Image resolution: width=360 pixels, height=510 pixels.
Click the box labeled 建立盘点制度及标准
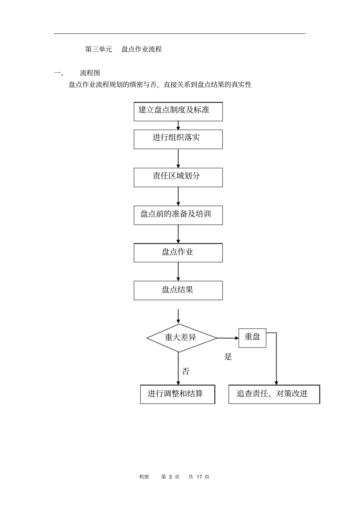point(178,111)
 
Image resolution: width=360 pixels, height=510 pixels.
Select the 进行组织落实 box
point(178,139)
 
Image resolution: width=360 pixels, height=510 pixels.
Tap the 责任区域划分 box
point(178,177)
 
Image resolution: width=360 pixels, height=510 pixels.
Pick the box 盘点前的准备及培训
point(178,215)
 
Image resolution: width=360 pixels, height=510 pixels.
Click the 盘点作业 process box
point(178,253)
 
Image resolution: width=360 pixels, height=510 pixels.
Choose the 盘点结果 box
point(178,290)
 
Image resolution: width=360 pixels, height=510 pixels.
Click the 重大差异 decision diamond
point(181,337)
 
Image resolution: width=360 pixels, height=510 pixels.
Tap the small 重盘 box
point(252,338)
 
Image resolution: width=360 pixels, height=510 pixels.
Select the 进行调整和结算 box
point(177,394)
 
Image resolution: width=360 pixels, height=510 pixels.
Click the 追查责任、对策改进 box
point(274,394)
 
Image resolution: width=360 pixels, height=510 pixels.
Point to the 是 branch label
point(228,357)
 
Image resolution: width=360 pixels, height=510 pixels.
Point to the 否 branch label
point(185,372)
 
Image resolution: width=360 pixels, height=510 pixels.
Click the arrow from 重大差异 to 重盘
point(228,338)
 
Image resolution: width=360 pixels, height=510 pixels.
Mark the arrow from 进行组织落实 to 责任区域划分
point(178,158)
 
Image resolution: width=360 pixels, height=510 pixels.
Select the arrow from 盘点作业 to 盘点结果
point(178,272)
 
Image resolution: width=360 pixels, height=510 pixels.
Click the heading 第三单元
point(99,49)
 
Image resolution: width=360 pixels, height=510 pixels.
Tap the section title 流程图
point(90,73)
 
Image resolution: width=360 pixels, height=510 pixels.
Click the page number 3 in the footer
point(171,477)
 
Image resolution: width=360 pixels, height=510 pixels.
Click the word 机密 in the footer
point(144,477)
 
